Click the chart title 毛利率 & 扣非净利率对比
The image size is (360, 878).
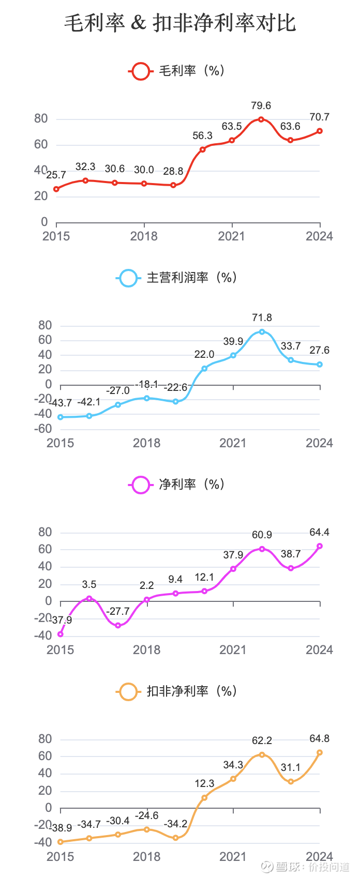pos(180,23)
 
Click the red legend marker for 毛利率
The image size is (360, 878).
pos(140,71)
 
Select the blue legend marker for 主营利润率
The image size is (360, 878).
pos(128,278)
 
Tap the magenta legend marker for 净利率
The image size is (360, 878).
pos(140,485)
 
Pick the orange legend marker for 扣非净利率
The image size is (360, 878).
pos(128,691)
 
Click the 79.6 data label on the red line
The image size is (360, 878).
pos(261,106)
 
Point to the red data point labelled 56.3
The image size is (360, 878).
pos(203,149)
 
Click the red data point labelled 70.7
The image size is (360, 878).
pos(320,131)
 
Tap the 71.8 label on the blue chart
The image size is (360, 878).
pos(262,317)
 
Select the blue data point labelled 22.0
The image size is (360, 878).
pos(204,369)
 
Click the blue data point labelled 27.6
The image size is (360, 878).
pos(320,365)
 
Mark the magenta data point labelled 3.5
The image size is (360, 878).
pos(89,598)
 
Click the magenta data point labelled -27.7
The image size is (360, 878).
pos(118,625)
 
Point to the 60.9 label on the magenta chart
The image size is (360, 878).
pos(262,535)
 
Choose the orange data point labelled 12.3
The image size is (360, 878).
pos(204,797)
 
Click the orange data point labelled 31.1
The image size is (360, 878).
pos(291,781)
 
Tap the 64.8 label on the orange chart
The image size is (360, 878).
pos(319,739)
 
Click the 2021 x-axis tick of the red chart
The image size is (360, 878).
pos(232,236)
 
